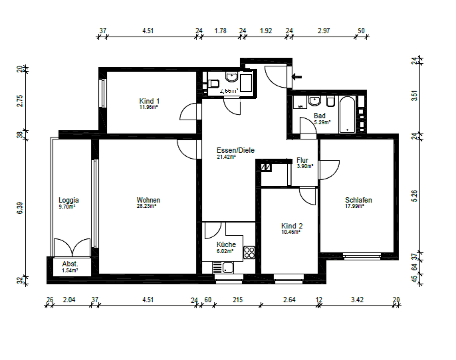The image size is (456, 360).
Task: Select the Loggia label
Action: tap(68, 200)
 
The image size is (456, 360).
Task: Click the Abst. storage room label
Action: tap(70, 264)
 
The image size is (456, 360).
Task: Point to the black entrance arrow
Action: tap(297, 77)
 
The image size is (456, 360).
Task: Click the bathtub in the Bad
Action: tap(347, 114)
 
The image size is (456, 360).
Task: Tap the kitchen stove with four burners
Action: tap(249, 252)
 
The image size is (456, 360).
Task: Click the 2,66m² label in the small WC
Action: tap(229, 90)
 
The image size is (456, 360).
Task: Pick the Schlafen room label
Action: tap(358, 200)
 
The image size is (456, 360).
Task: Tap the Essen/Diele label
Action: tap(235, 150)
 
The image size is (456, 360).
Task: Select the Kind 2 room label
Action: tap(292, 226)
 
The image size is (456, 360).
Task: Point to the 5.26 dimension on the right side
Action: tap(414, 196)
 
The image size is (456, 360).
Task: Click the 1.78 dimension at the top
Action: tap(220, 31)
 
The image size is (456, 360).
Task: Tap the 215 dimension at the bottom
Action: tap(238, 300)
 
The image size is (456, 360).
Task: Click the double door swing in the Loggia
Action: tap(72, 247)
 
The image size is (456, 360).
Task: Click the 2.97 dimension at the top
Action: tap(324, 31)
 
